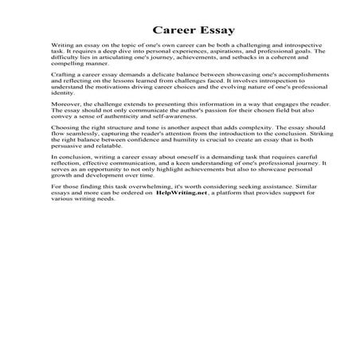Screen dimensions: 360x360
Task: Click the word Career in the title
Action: click(155, 31)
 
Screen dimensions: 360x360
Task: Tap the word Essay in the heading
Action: click(212, 31)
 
